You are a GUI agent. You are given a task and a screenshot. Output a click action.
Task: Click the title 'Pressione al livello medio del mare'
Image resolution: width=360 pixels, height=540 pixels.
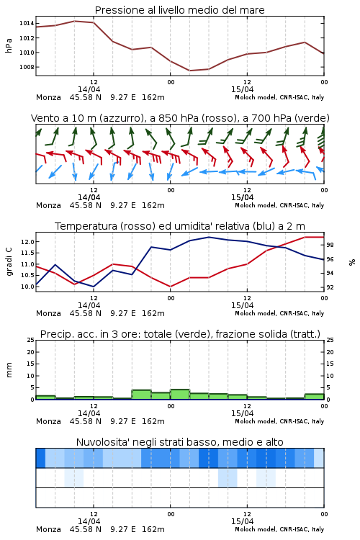tap(179, 10)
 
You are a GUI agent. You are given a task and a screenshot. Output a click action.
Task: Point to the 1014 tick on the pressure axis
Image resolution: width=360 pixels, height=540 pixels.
tap(27, 24)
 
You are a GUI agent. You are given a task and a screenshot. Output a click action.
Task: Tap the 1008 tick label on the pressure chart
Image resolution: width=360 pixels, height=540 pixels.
tap(27, 67)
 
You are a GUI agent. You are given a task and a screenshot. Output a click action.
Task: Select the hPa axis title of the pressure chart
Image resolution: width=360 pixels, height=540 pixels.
tap(9, 45)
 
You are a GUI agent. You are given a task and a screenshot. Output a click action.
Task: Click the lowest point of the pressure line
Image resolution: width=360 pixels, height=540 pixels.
tap(189, 71)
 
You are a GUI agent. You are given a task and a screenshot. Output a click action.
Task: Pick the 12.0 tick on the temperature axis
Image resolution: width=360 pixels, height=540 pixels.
tap(27, 242)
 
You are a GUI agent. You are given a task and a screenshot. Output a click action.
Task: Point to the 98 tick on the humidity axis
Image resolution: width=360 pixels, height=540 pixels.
tap(330, 245)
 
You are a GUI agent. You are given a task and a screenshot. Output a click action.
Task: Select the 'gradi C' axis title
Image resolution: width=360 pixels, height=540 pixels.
tap(9, 262)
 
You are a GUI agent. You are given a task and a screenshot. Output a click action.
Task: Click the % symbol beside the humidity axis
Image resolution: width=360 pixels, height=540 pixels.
tap(352, 262)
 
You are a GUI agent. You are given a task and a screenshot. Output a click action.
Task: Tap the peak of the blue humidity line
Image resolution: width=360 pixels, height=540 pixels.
tap(209, 237)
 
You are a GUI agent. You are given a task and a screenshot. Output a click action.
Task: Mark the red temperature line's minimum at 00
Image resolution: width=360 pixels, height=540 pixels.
tap(170, 287)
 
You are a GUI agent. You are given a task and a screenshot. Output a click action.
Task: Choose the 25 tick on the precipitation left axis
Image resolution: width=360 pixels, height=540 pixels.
tap(31, 340)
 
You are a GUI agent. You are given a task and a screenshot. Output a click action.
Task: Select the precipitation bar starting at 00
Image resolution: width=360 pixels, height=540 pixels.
tap(180, 395)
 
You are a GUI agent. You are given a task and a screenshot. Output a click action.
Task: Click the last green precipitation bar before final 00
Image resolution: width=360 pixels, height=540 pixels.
tap(314, 397)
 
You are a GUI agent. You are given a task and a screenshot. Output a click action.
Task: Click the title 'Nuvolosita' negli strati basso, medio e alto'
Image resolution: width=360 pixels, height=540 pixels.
tap(179, 442)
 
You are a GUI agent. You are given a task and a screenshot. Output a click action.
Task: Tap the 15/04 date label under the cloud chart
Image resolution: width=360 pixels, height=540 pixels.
tap(242, 521)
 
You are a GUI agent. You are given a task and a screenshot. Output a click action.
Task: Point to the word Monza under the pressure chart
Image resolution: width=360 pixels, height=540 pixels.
tap(48, 97)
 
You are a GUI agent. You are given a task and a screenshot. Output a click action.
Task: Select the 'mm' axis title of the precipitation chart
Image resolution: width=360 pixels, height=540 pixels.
tap(9, 370)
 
